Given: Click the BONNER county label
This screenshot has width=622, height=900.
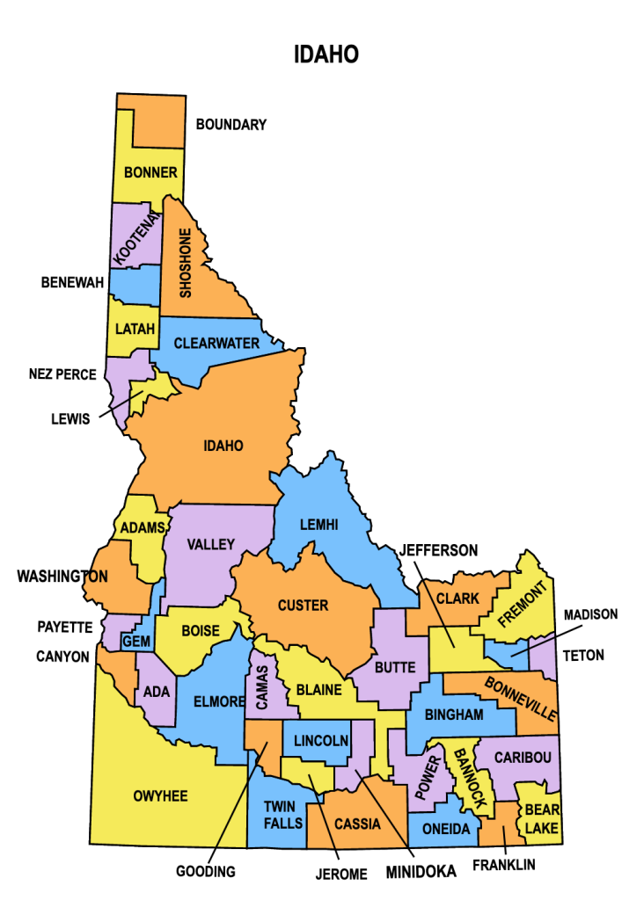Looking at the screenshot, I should tap(150, 172).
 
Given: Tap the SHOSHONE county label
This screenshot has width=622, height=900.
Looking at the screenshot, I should tap(186, 263).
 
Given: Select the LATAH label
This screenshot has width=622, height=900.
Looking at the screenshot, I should tap(135, 330).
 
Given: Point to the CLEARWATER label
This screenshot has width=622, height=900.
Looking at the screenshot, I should tap(216, 344).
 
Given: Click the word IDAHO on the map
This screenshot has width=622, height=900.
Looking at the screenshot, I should tap(223, 446).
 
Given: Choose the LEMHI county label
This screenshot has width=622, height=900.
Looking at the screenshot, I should tap(318, 525).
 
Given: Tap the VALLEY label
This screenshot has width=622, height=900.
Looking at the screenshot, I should tap(211, 545).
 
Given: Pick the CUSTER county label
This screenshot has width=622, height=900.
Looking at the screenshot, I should tap(303, 606).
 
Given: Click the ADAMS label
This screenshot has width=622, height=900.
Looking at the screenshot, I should tap(143, 527).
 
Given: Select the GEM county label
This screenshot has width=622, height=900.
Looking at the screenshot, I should tap(136, 642).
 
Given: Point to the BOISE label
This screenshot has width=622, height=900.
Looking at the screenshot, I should tap(201, 631).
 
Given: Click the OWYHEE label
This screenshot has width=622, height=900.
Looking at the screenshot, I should tap(160, 796).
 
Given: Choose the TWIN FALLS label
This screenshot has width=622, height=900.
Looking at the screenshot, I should tap(283, 815).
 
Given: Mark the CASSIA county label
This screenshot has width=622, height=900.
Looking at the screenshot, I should tap(357, 824).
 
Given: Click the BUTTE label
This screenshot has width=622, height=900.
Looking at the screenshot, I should tap(395, 668).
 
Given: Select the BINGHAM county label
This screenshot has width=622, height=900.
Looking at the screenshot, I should tap(454, 715).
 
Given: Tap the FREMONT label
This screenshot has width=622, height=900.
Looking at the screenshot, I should tap(523, 603).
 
